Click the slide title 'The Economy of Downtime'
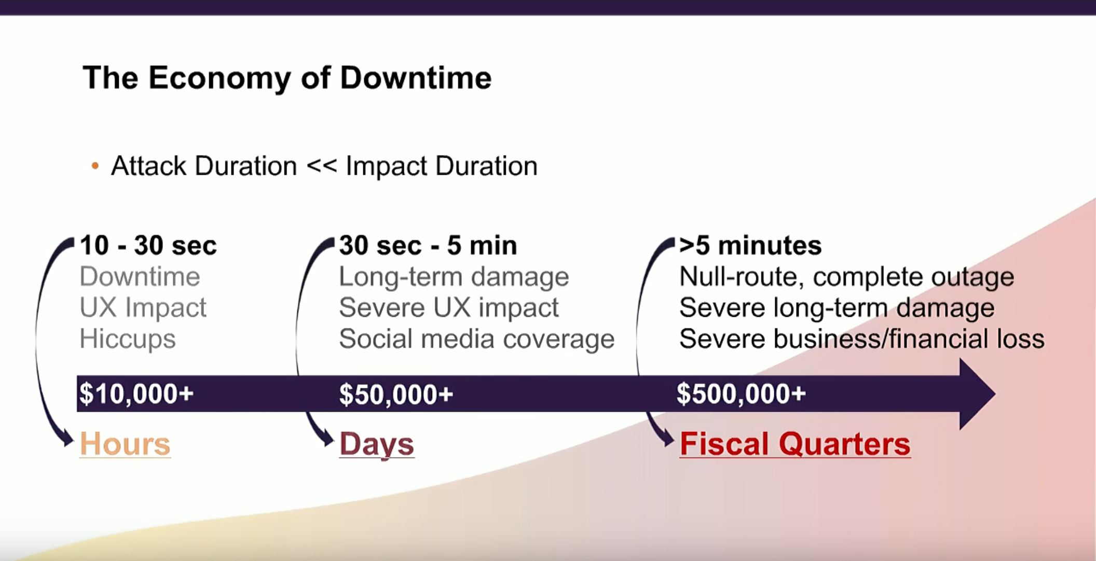[x=287, y=79]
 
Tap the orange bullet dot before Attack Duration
[x=95, y=166]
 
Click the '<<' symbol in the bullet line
[x=321, y=166]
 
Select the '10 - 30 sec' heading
[x=148, y=245]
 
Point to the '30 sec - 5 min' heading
[x=428, y=245]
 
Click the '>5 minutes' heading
[x=750, y=245]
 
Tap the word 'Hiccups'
[x=128, y=339]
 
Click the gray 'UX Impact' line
[x=143, y=307]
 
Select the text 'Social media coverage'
[x=476, y=339]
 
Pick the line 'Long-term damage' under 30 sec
[x=454, y=277]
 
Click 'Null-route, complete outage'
[x=846, y=277]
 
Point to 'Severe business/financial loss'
[x=861, y=339]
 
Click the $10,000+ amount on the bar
[x=136, y=394]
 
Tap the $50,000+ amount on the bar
[x=396, y=394]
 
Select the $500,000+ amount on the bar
[x=741, y=394]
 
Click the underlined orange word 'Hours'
[x=125, y=444]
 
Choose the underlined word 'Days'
[x=377, y=445]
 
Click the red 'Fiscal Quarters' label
[x=795, y=444]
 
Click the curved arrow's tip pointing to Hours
[x=72, y=442]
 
